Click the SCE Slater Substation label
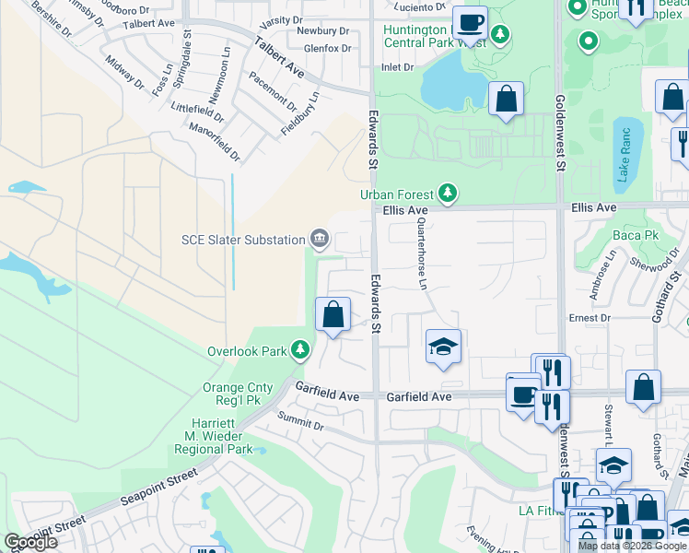point(242,241)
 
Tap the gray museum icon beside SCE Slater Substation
point(320,240)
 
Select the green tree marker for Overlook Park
point(299,350)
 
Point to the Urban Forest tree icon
point(448,193)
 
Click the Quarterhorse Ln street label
point(422,254)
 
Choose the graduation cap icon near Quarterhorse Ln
point(443,347)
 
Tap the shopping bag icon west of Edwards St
point(333,314)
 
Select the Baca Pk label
point(649,236)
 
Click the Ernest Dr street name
point(590,318)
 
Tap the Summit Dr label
point(300,422)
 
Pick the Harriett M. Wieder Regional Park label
point(214,436)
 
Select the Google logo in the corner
point(31,542)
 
